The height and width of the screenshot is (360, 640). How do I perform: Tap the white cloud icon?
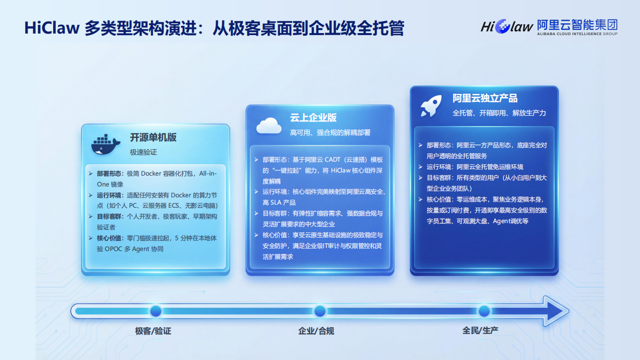pyautogui.click(x=269, y=125)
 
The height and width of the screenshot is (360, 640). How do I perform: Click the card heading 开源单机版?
pyautogui.click(x=153, y=137)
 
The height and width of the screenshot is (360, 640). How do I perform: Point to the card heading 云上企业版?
pyautogui.click(x=313, y=118)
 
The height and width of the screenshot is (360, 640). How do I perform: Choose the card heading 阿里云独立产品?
pyautogui.click(x=485, y=98)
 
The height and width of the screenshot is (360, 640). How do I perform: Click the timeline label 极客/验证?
pyautogui.click(x=153, y=331)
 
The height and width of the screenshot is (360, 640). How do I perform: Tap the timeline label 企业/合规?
pyautogui.click(x=316, y=331)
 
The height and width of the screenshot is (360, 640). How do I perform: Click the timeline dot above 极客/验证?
pyautogui.click(x=156, y=311)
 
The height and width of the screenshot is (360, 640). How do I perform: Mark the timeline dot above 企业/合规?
pyautogui.click(x=320, y=311)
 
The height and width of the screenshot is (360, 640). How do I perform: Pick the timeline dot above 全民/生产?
pyautogui.click(x=484, y=311)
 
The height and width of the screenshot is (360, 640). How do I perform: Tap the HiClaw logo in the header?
pyautogui.click(x=506, y=26)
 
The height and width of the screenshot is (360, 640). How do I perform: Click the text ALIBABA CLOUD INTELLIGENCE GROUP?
pyautogui.click(x=577, y=34)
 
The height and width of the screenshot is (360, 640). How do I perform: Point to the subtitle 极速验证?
pyautogui.click(x=143, y=152)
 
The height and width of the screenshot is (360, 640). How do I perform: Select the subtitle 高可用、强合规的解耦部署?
pyautogui.click(x=330, y=133)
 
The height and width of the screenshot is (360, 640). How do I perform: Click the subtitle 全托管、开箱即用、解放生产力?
pyautogui.click(x=499, y=113)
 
